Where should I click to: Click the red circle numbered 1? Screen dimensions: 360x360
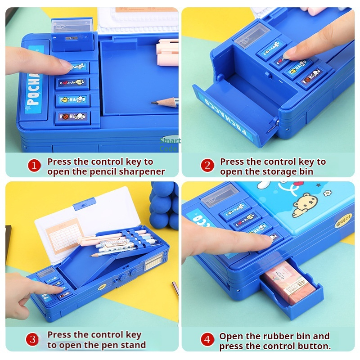point(34,166)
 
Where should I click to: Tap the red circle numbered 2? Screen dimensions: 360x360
point(207,166)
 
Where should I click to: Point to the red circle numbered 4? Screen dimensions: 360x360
point(207,340)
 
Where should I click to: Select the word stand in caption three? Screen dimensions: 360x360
point(133,345)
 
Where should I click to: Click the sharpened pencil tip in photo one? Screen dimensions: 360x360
point(154,103)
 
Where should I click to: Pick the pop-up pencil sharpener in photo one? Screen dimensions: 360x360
point(73,31)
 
